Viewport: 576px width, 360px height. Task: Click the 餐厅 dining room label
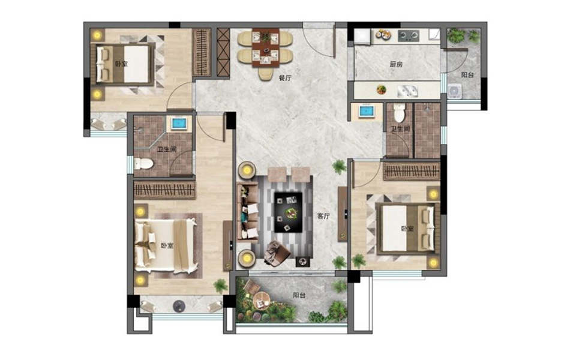[x=284, y=78]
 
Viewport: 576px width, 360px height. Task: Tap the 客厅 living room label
[x=323, y=217]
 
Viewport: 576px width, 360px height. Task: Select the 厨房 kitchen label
[x=396, y=64]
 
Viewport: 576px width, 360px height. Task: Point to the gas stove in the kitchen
[x=409, y=35]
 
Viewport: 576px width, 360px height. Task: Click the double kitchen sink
[x=407, y=91]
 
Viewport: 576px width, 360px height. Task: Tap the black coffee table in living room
[x=289, y=212]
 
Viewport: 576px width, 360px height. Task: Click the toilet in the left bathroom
[x=143, y=163]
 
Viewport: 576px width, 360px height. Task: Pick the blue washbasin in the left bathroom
[x=181, y=124]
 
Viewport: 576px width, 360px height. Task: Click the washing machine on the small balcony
[x=454, y=91]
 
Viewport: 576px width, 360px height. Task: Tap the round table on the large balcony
[x=261, y=300]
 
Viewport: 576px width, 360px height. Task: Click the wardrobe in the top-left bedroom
[x=202, y=53]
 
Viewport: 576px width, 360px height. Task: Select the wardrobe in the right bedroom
[x=411, y=171]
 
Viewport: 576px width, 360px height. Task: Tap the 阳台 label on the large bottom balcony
[x=299, y=295]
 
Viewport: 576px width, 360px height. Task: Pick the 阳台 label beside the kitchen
[x=467, y=74]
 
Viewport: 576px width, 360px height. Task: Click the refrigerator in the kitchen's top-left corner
[x=362, y=37]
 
